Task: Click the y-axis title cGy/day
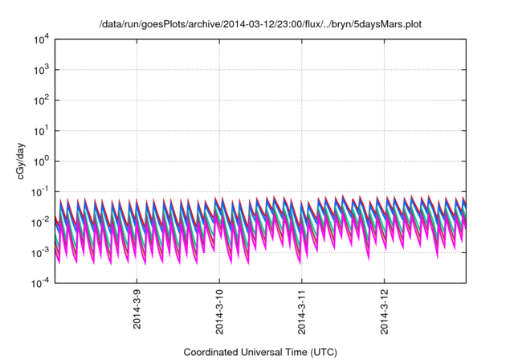(x=24, y=161)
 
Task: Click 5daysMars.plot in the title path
(x=388, y=25)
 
